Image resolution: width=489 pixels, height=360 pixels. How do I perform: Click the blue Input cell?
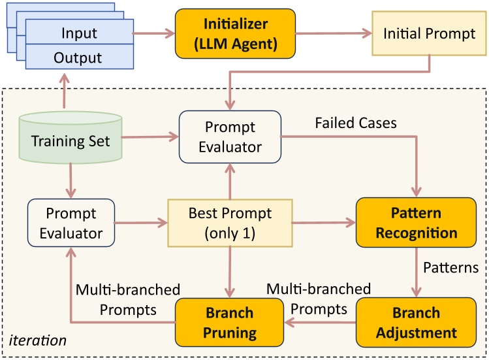(x=78, y=33)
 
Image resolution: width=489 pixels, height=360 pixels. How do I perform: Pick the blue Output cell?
(x=78, y=57)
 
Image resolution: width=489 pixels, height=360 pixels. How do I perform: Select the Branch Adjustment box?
(x=417, y=323)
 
